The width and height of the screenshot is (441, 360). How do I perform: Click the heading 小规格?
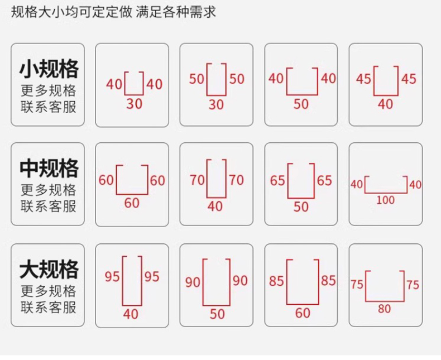(49, 69)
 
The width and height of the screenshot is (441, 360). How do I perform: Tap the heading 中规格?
(49, 168)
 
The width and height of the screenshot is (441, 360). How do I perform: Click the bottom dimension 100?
(385, 200)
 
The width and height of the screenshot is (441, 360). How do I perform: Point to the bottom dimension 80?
(384, 308)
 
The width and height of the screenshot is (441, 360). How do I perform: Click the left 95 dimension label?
(113, 277)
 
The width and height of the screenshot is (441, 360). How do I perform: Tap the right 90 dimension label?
(240, 280)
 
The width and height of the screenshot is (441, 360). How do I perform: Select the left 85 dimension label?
(277, 281)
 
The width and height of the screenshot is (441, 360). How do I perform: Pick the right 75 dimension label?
(413, 285)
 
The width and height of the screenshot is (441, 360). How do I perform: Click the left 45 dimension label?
(364, 79)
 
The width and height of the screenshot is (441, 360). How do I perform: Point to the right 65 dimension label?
(324, 181)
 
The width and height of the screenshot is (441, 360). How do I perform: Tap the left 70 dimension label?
(197, 180)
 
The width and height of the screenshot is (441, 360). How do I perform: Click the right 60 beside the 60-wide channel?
(157, 181)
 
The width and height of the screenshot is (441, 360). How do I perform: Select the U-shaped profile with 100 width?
(385, 186)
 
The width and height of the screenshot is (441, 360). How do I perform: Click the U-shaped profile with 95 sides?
(132, 281)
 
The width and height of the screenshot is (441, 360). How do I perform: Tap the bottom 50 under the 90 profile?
(217, 314)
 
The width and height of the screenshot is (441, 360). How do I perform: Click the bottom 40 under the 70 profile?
(215, 207)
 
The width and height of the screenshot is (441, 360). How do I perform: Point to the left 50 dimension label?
(196, 79)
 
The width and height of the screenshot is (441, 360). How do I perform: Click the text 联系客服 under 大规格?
(49, 307)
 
